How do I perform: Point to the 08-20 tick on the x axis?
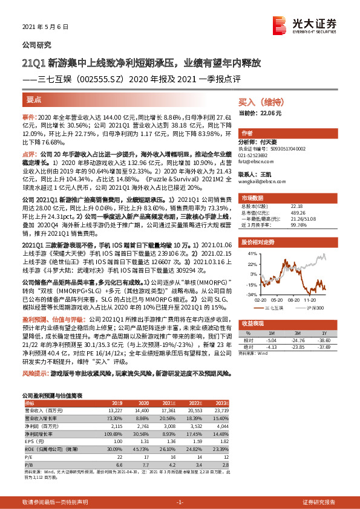(x=296, y=299)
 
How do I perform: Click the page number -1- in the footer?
(x=180, y=502)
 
